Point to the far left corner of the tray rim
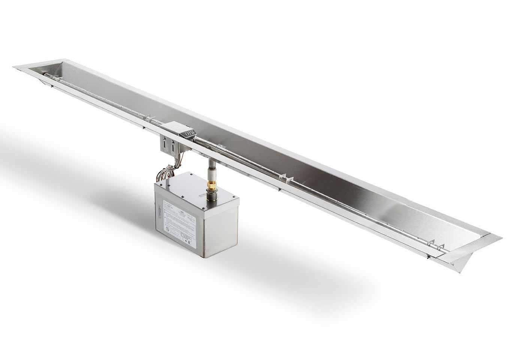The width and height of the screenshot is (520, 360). tap(14, 67)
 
